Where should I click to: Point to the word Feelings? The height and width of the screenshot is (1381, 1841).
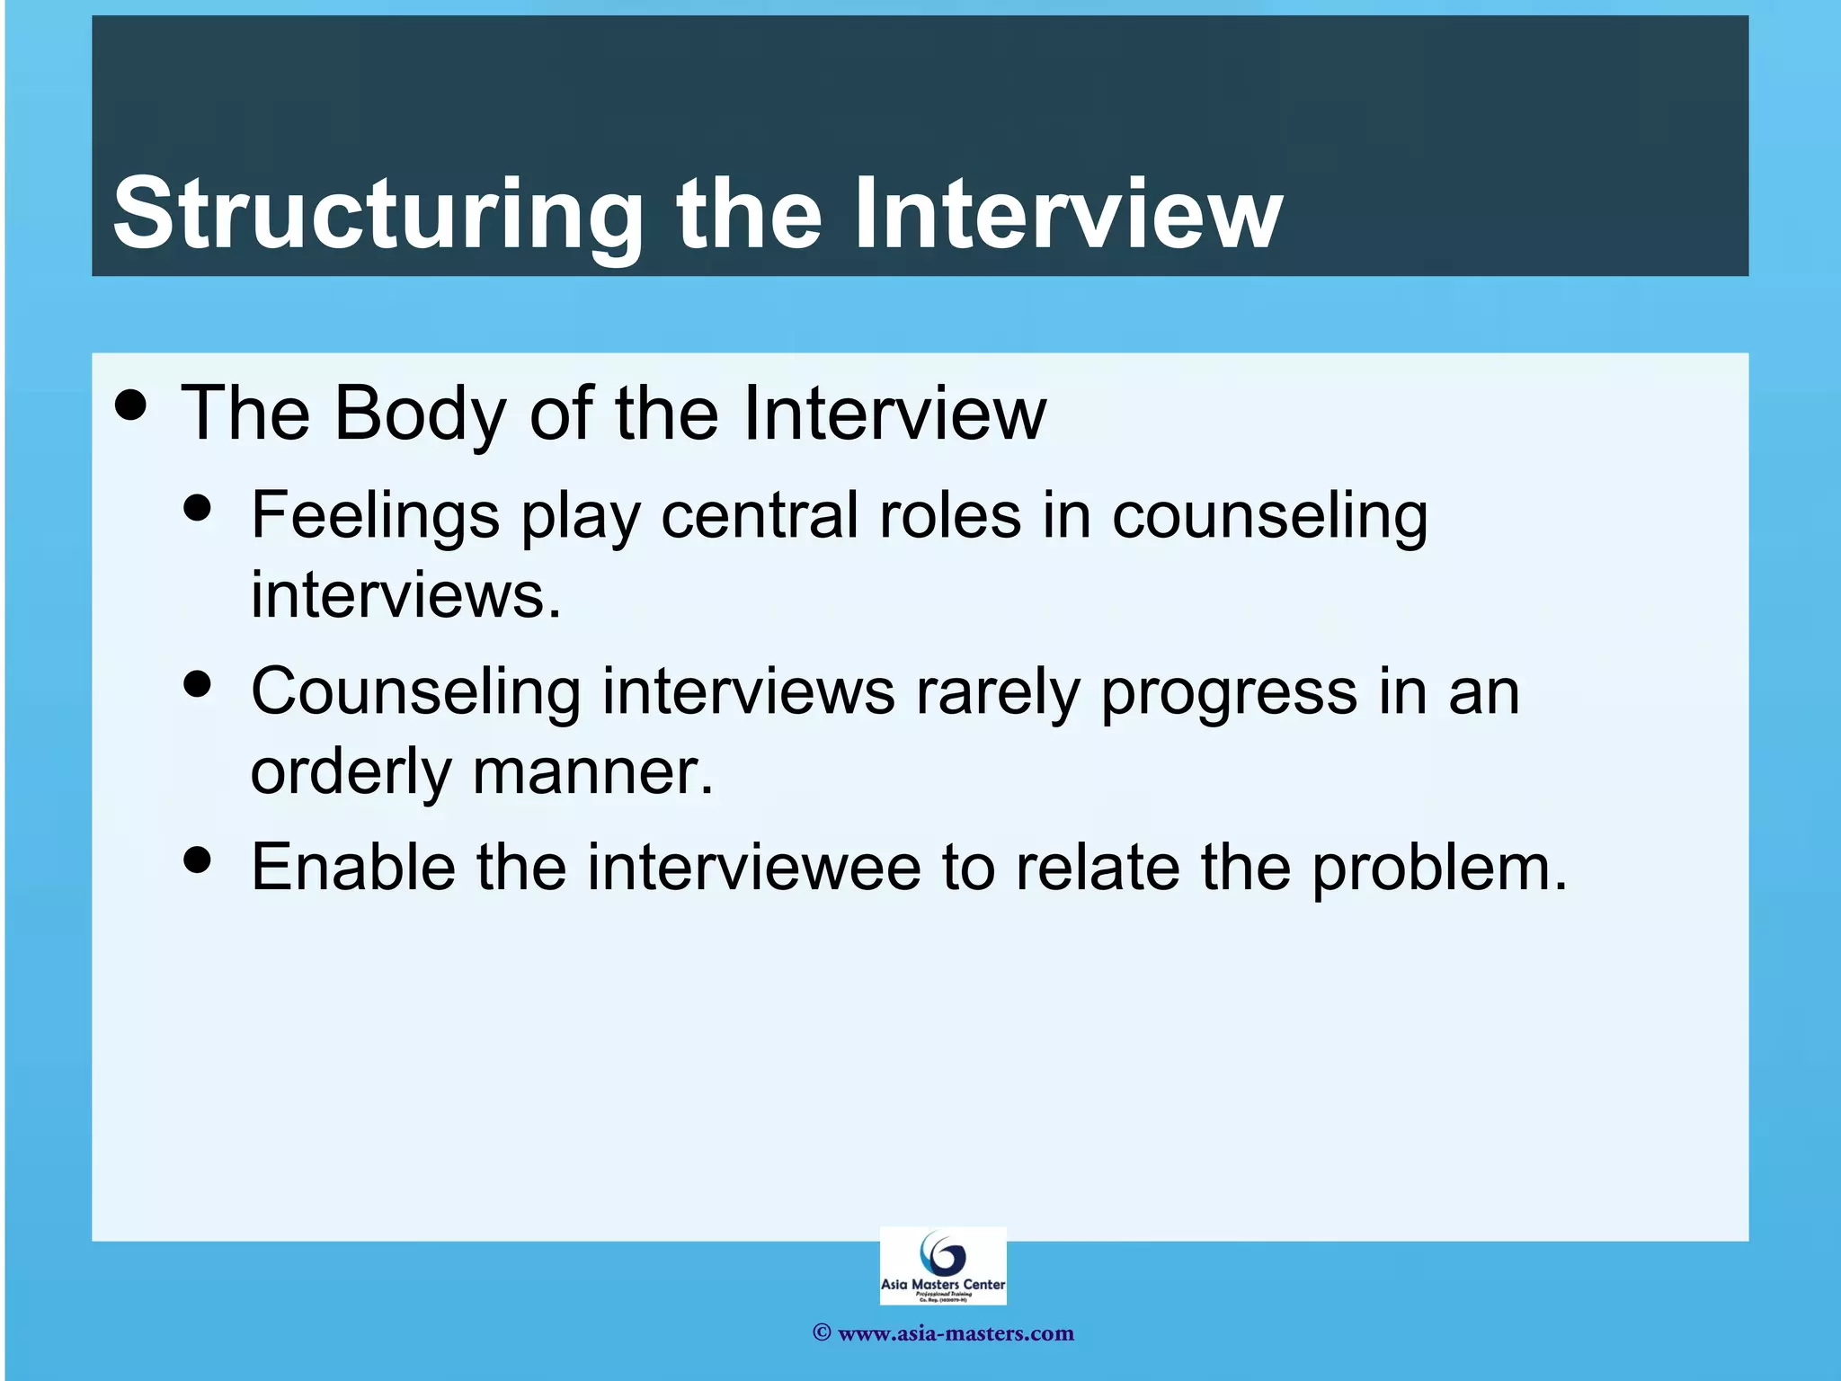(375, 516)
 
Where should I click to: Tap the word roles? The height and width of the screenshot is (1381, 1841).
(950, 516)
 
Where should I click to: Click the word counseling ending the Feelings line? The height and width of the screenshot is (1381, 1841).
(1269, 518)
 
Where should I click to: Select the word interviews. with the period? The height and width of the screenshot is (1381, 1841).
(405, 594)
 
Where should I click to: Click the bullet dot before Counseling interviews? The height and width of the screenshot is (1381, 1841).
(197, 684)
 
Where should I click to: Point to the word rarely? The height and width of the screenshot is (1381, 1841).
(997, 692)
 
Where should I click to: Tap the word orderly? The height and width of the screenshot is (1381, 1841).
(350, 772)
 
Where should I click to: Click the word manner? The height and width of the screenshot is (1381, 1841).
(592, 772)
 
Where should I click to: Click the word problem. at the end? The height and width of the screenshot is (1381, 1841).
(1438, 869)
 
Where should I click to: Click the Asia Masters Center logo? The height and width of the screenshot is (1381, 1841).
(942, 1265)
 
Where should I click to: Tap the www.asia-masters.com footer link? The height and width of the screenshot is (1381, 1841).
(955, 1333)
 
